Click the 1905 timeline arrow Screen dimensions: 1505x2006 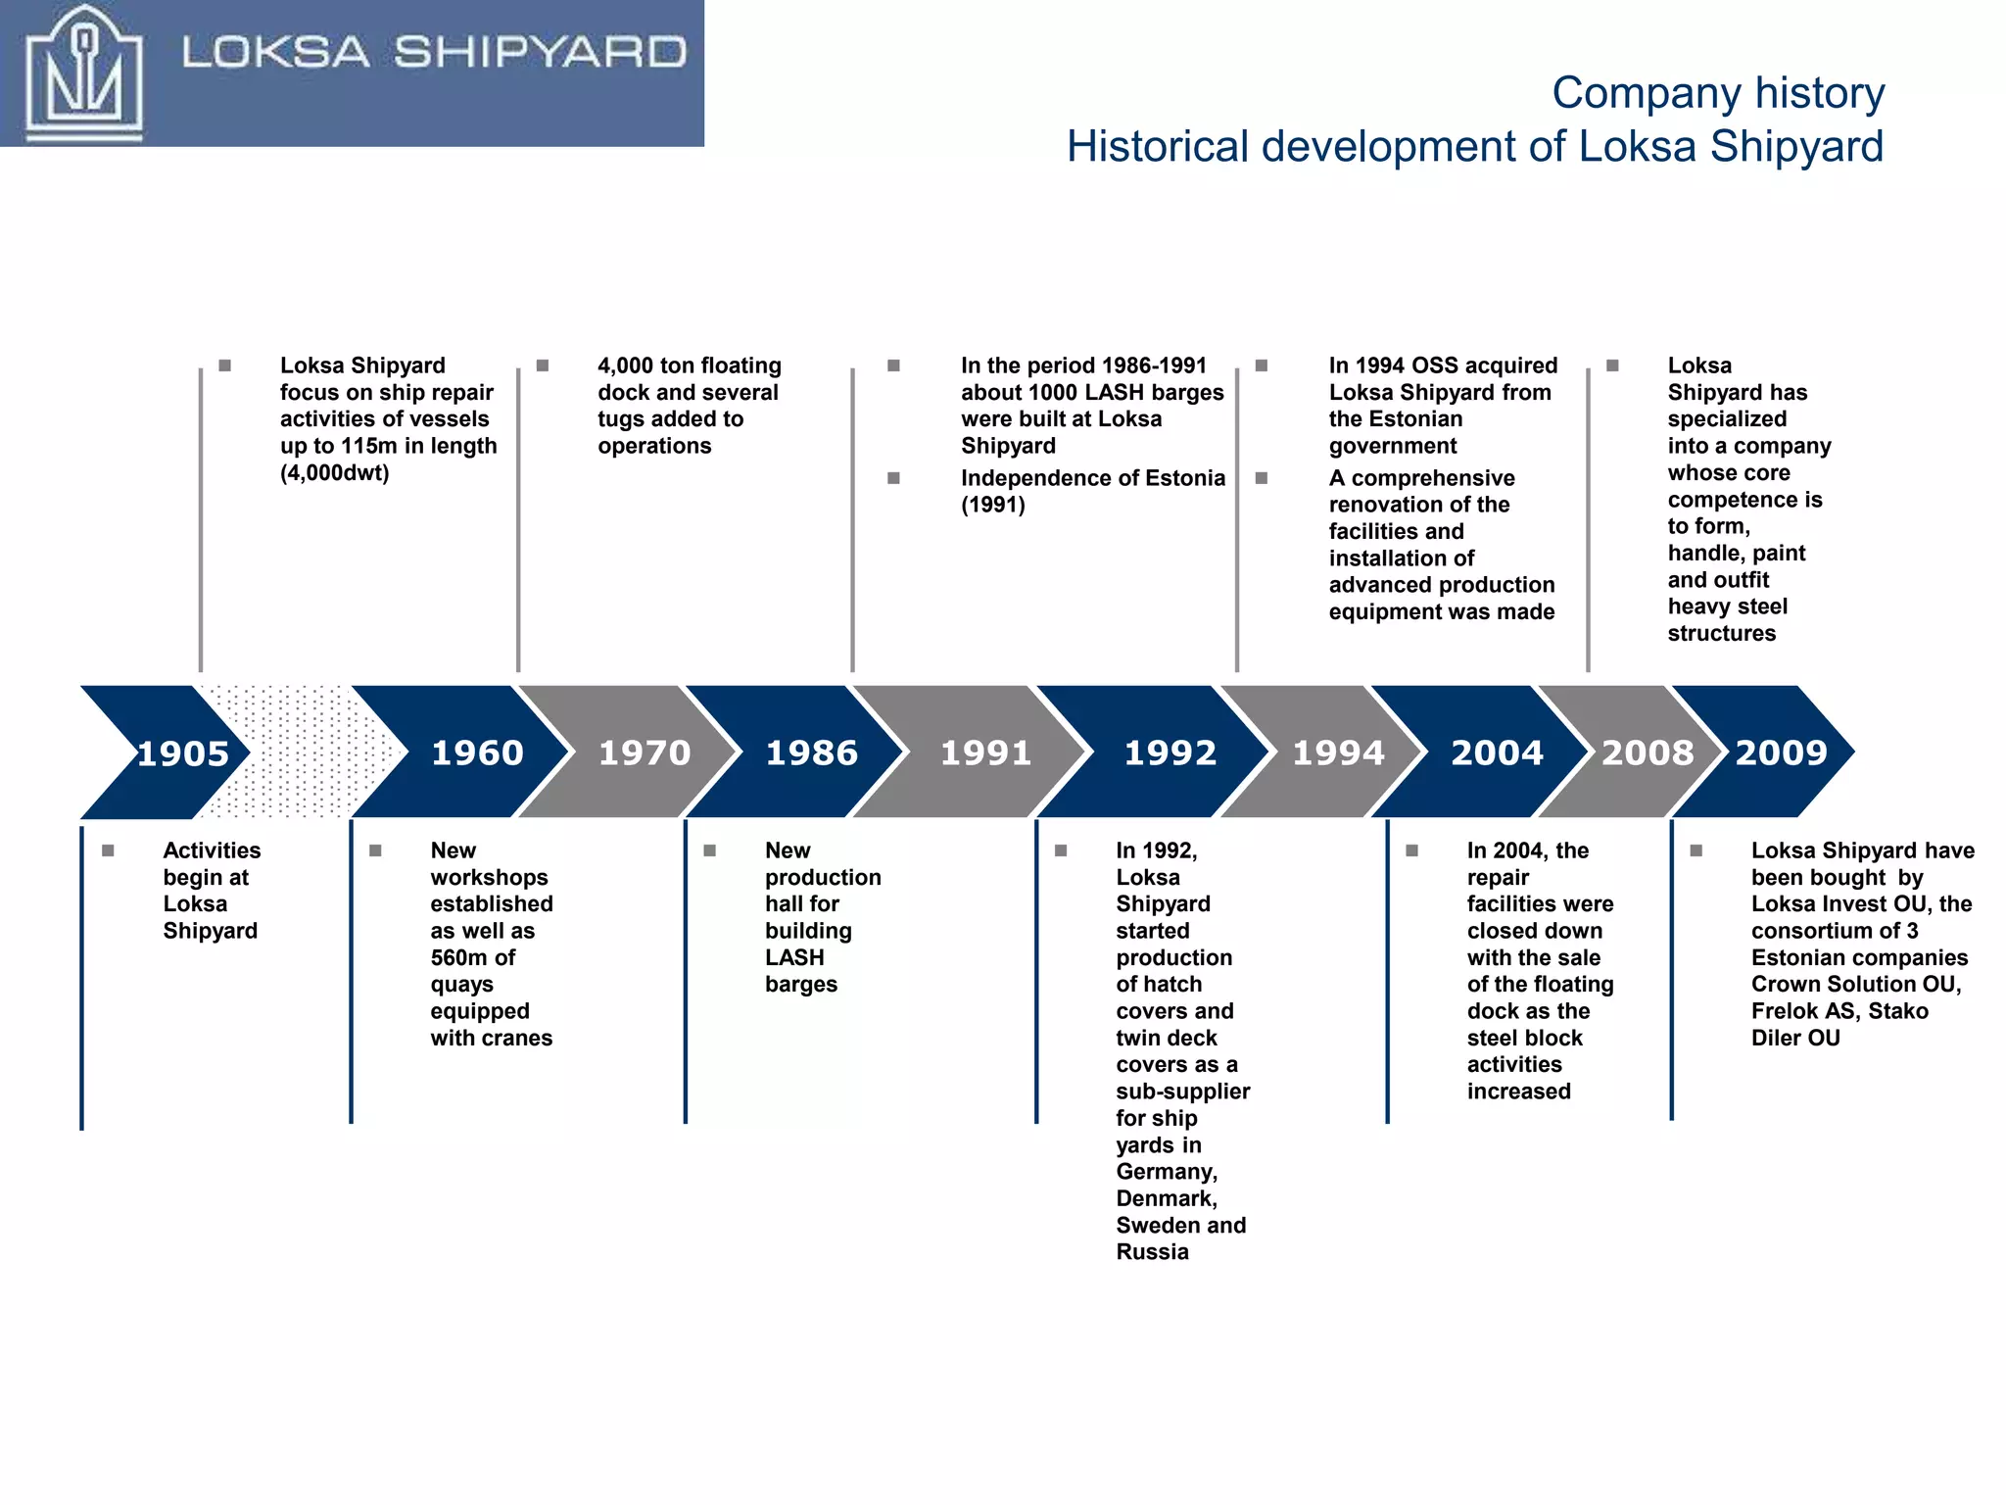click(x=176, y=752)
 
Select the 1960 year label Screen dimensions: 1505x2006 click(x=477, y=752)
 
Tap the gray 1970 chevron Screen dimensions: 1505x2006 click(x=644, y=752)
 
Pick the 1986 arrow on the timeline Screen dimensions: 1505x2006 click(x=811, y=752)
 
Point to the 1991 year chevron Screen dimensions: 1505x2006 click(x=985, y=752)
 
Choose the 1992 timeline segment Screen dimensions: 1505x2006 click(x=1170, y=752)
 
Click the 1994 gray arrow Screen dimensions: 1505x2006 click(x=1337, y=752)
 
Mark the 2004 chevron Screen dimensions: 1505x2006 click(x=1496, y=752)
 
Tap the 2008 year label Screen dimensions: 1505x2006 click(x=1647, y=752)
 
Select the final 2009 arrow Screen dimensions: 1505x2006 click(x=1780, y=752)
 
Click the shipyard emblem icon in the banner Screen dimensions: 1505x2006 click(x=83, y=74)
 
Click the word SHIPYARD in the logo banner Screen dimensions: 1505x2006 click(x=540, y=53)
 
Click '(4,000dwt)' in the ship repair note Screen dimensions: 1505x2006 click(x=334, y=473)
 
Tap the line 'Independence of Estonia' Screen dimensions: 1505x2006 click(x=1092, y=478)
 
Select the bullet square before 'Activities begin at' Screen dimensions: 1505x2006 click(x=108, y=850)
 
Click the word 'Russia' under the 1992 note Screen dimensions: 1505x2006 click(x=1152, y=1252)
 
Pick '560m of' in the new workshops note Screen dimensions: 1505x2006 click(x=472, y=957)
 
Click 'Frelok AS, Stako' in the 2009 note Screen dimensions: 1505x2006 click(x=1839, y=1011)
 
